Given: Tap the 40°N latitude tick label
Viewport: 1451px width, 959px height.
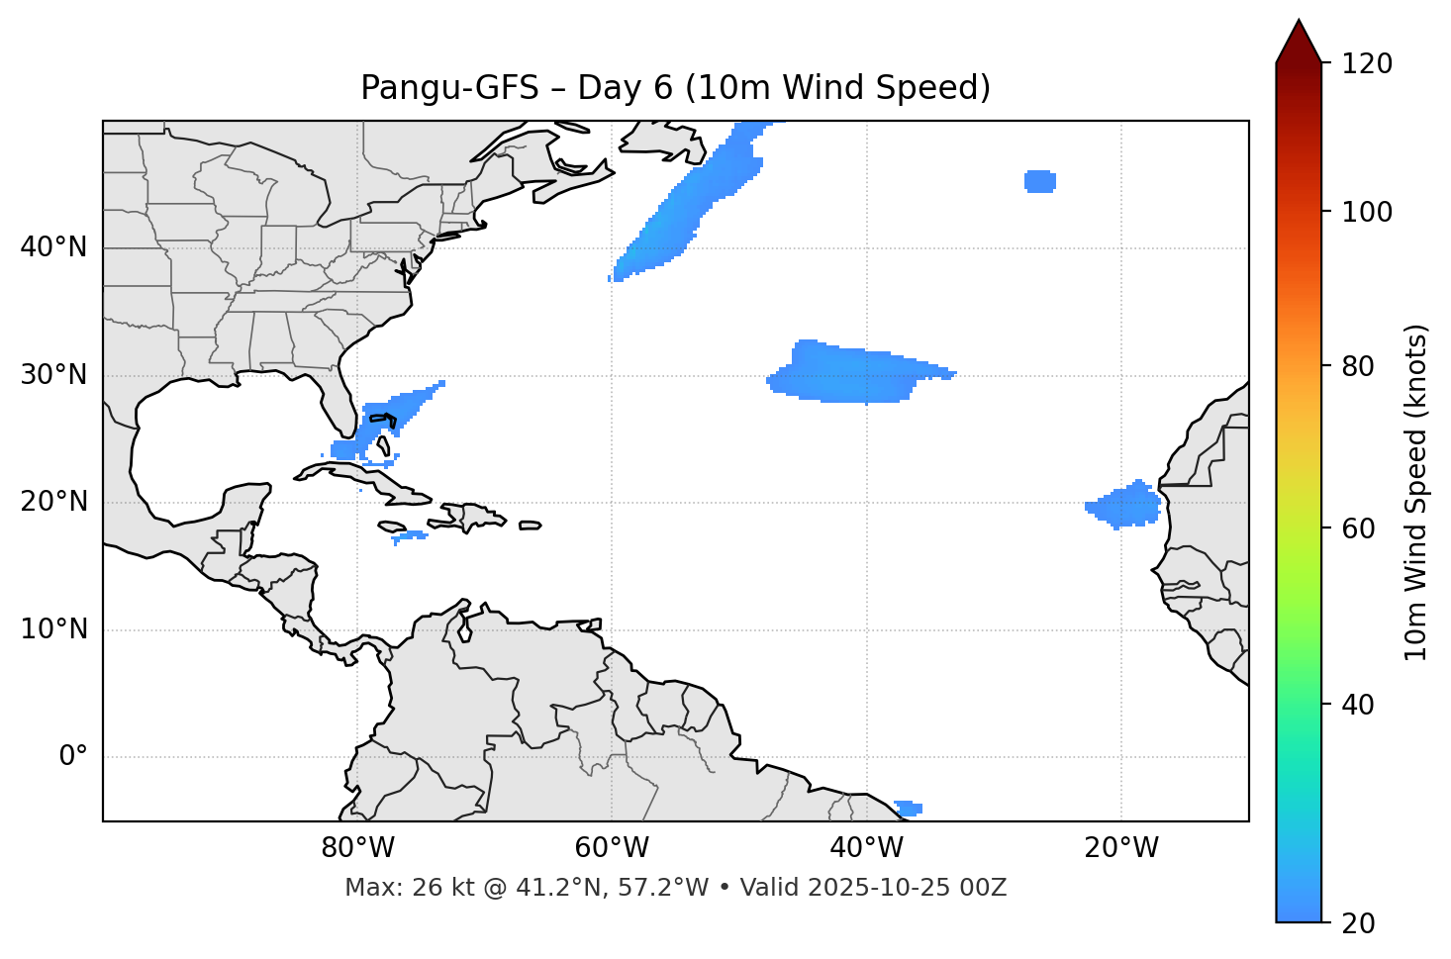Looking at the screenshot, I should click(53, 247).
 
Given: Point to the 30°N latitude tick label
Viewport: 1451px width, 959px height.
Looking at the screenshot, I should click(53, 375).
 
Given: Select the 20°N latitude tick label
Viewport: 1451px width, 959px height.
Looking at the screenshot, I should click(53, 502).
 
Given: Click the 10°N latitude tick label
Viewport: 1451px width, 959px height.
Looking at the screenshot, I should click(53, 629).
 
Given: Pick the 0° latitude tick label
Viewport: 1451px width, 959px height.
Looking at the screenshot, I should click(73, 757).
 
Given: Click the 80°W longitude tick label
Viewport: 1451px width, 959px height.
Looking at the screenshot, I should click(357, 848).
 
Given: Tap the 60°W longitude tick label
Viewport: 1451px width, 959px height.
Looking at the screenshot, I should click(612, 848).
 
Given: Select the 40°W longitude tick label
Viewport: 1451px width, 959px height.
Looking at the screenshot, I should click(866, 848).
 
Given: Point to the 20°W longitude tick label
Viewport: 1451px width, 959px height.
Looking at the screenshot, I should click(1120, 848).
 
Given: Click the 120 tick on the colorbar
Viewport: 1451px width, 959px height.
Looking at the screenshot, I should click(1367, 63).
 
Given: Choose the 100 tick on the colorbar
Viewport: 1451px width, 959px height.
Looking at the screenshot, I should click(1367, 212).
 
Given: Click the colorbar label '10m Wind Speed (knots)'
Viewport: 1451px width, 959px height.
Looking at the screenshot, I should click(1416, 492).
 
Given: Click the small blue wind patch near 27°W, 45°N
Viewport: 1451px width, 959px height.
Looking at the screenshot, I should click(1040, 181).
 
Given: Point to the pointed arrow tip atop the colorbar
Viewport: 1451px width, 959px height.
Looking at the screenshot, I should click(1299, 24).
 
